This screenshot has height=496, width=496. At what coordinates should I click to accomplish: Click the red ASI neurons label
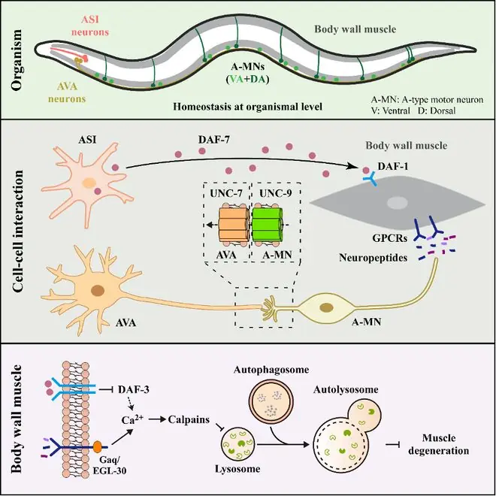90,26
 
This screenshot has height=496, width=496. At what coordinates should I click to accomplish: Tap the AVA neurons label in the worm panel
67,92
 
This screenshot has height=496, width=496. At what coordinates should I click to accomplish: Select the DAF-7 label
214,140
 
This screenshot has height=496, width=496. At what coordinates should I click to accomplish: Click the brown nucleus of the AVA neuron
98,290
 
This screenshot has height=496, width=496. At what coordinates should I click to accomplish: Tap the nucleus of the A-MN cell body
326,307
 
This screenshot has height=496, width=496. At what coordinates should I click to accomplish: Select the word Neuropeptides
373,258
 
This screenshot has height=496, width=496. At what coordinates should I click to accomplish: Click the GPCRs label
389,238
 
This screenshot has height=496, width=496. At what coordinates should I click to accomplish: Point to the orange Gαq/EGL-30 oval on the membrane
98,446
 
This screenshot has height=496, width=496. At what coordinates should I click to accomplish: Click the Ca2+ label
132,420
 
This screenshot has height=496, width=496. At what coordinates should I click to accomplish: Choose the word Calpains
189,420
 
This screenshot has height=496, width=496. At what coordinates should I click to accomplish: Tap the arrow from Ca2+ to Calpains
157,420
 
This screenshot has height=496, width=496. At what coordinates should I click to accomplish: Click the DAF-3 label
134,389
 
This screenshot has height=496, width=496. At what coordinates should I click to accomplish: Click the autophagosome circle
271,401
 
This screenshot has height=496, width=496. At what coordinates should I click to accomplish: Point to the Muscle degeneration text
438,444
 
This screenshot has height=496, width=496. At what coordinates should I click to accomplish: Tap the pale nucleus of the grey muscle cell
398,203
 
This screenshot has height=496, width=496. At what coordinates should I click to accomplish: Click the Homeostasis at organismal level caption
248,107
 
